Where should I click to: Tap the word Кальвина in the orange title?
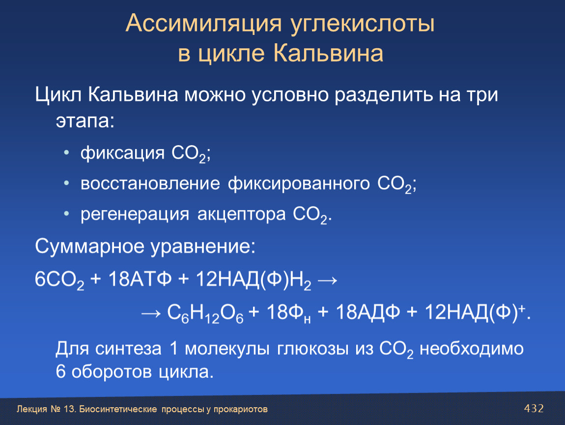(328, 54)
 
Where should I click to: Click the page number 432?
(534, 408)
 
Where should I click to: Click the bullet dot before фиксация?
(66, 153)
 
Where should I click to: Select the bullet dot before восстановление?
(66, 183)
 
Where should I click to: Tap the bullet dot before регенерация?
(66, 214)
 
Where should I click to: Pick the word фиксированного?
(299, 184)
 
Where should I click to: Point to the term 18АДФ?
(368, 312)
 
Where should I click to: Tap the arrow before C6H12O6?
(151, 313)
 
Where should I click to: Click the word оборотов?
(112, 372)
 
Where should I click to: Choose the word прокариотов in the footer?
(240, 409)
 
